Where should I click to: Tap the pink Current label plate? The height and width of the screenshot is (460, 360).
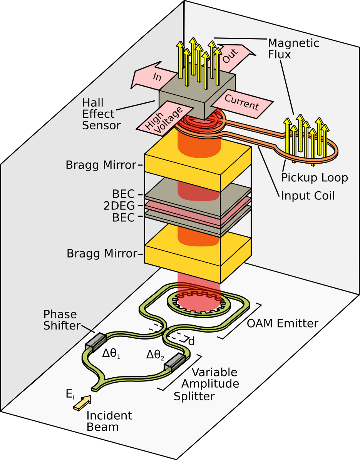click(x=242, y=102)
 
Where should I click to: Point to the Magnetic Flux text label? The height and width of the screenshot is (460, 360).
click(x=293, y=48)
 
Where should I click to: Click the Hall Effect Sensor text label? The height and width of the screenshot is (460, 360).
click(x=101, y=114)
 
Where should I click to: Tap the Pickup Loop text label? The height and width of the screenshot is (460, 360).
click(x=314, y=177)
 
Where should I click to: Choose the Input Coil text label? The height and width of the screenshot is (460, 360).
click(x=308, y=196)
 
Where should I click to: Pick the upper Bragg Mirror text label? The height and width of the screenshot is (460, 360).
click(x=101, y=165)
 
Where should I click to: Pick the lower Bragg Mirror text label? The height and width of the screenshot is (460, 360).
click(x=102, y=254)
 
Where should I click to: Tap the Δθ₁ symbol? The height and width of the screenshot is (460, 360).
click(x=111, y=353)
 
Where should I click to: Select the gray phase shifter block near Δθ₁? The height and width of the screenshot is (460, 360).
click(x=95, y=341)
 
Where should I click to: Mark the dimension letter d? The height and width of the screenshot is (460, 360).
click(x=191, y=341)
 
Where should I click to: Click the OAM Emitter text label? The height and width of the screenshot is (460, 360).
click(x=283, y=323)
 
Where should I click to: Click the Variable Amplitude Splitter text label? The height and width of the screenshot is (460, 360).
click(x=210, y=384)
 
